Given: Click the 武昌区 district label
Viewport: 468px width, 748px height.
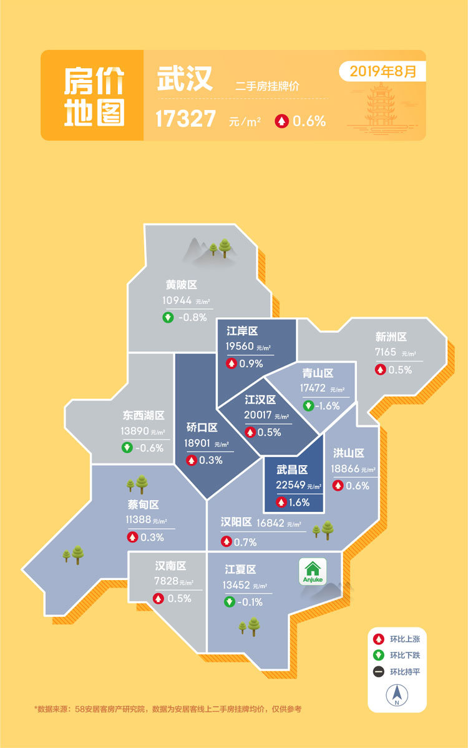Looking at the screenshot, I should click(293, 470).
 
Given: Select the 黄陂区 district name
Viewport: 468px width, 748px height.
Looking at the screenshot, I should click(181, 285).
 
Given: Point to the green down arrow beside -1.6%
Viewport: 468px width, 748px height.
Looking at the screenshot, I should click(308, 405).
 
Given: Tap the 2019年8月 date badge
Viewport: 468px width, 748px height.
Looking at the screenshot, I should click(383, 71).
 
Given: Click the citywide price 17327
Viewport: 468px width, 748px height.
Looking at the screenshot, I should click(186, 119).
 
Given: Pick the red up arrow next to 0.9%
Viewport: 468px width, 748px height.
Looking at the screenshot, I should click(232, 363).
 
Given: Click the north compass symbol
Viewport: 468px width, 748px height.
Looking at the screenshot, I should click(396, 694).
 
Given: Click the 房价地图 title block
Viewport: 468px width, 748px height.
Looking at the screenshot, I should click(94, 96).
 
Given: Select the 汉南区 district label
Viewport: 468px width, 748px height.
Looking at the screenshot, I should click(171, 566).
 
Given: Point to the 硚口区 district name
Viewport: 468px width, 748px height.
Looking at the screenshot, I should click(202, 428).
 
